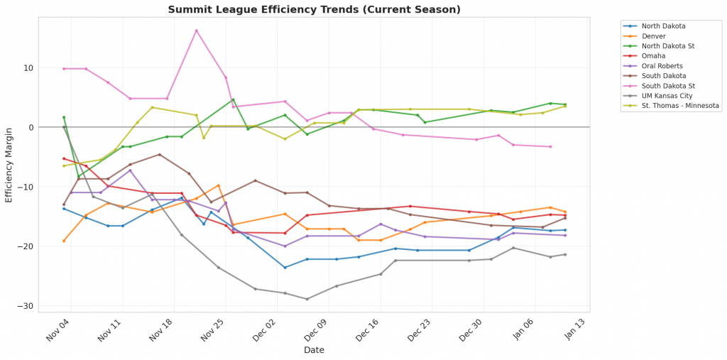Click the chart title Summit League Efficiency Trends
tap(314, 9)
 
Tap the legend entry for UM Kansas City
tap(666, 96)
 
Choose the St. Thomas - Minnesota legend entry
tap(680, 106)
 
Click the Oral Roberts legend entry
tap(662, 66)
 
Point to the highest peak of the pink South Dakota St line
tap(196, 31)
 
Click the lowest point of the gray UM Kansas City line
tap(307, 299)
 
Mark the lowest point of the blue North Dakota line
tap(285, 268)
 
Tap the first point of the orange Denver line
tap(64, 241)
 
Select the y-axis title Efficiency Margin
tap(9, 164)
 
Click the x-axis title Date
tap(314, 350)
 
